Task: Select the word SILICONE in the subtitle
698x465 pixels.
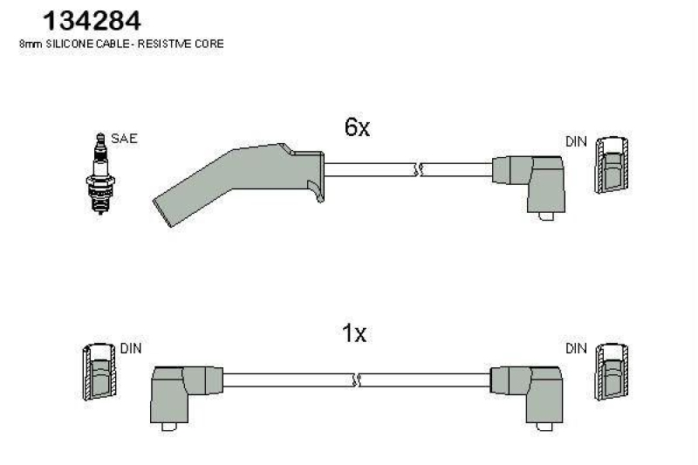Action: pos(67,44)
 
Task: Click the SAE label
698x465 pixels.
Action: pos(124,139)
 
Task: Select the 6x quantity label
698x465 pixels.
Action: pos(357,127)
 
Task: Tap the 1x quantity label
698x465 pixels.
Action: pos(353,334)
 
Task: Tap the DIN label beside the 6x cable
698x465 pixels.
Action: pos(576,140)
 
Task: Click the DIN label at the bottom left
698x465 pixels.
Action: pos(130,347)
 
